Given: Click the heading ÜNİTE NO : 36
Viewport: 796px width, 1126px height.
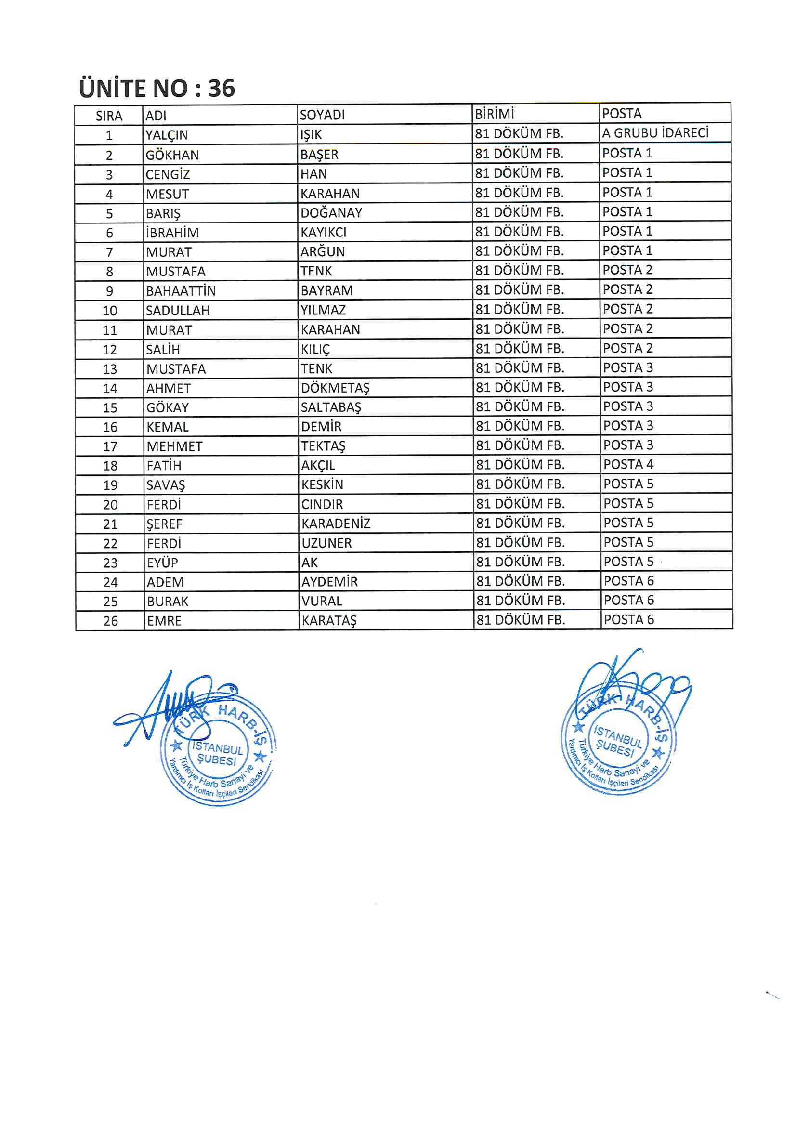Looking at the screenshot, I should (x=157, y=88).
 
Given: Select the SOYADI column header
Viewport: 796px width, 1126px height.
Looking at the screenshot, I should (x=322, y=115).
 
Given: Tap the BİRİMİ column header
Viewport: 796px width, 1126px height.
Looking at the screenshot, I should (x=495, y=114).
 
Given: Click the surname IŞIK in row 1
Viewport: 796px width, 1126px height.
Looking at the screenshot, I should (x=311, y=134).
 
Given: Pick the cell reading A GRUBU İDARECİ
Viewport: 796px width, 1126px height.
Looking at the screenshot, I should (x=655, y=133).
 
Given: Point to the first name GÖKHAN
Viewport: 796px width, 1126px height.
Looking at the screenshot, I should (x=172, y=155).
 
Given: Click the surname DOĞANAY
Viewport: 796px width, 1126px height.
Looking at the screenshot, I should (x=331, y=213).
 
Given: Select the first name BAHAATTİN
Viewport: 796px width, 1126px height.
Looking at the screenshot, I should (x=181, y=291).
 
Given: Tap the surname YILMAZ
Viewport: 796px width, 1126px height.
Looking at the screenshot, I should (x=323, y=310).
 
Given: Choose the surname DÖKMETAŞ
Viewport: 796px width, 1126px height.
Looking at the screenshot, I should (x=336, y=388).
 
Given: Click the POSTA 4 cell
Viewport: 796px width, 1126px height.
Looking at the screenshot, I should (x=628, y=464).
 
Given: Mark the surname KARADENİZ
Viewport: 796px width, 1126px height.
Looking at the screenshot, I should (x=336, y=524).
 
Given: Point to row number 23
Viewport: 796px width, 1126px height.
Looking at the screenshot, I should (x=110, y=563).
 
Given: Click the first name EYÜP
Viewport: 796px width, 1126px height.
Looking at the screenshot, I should (x=162, y=563).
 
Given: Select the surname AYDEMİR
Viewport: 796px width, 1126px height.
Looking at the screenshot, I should (x=329, y=582).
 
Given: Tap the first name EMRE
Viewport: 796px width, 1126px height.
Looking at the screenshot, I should (x=164, y=621).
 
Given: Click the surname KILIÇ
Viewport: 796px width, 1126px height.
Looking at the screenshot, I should (x=315, y=349).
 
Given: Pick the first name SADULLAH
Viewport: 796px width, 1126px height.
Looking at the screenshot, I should (x=178, y=311).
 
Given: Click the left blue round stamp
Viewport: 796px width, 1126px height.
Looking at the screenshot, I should (x=218, y=749).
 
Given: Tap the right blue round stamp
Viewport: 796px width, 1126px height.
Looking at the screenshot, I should (x=618, y=737).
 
